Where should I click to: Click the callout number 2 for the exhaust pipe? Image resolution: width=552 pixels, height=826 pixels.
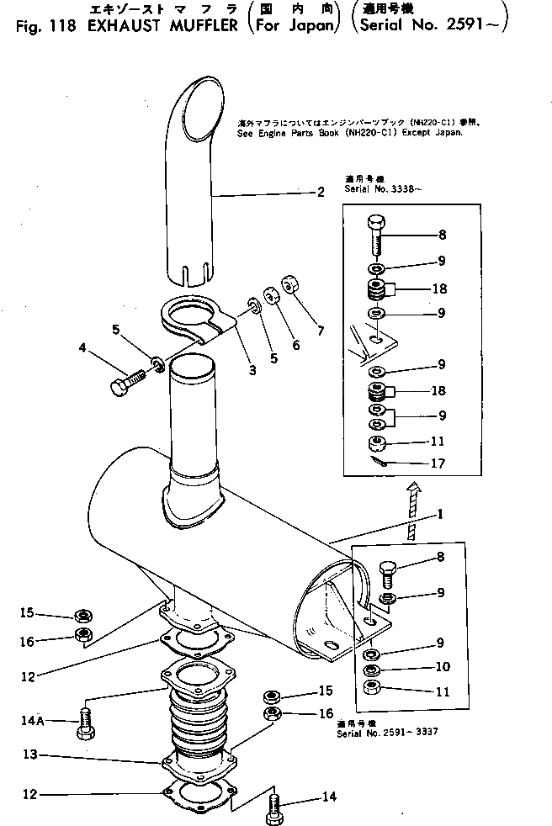tap(321, 193)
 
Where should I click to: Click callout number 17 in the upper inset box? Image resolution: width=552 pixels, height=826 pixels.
tap(438, 463)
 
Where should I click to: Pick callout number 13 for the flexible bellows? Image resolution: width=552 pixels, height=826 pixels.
tap(29, 755)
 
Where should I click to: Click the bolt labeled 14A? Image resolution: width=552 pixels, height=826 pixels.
tap(85, 721)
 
